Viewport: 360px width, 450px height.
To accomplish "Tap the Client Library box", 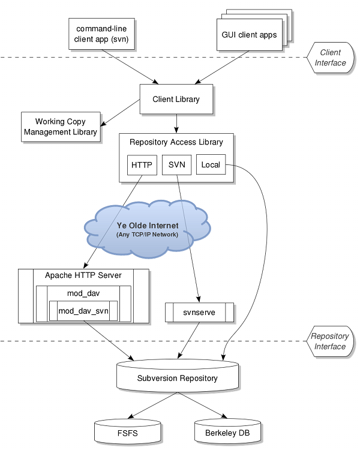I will [176, 99].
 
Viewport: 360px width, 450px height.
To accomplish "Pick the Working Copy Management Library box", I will [60, 127].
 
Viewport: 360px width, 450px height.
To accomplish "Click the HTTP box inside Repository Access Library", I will [142, 165].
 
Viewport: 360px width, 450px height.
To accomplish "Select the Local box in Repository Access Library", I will [211, 165].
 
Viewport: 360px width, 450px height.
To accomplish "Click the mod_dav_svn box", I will [83, 311].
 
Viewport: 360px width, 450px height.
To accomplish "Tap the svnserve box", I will [199, 313].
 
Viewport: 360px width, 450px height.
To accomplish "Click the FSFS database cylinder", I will [128, 432].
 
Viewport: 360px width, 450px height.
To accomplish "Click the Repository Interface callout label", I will [329, 341].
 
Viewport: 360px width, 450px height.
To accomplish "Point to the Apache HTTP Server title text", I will [83, 275].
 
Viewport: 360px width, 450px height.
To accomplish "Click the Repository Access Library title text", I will [176, 142].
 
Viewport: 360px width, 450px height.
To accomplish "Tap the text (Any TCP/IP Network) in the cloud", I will [147, 234].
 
